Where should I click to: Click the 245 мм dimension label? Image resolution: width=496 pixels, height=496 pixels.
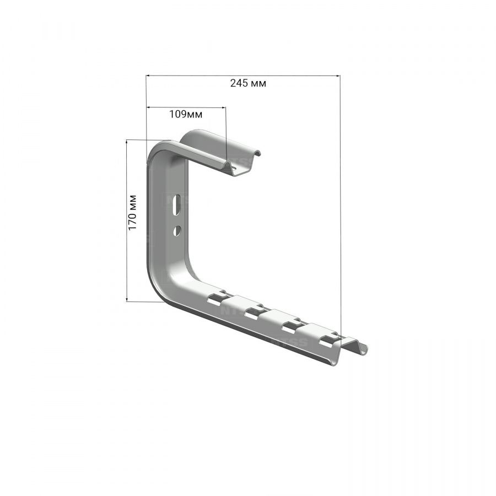point(248,83)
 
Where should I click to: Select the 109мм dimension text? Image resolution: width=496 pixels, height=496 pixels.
point(186,114)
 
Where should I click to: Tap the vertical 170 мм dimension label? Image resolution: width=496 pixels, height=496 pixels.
point(132,213)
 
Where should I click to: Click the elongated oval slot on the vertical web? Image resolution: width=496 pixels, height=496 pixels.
point(178,206)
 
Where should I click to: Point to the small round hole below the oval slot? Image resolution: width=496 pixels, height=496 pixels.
point(176,230)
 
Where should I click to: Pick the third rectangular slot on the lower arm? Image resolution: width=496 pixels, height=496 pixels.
point(292,326)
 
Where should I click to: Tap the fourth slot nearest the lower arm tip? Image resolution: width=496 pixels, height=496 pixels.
point(329,339)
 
